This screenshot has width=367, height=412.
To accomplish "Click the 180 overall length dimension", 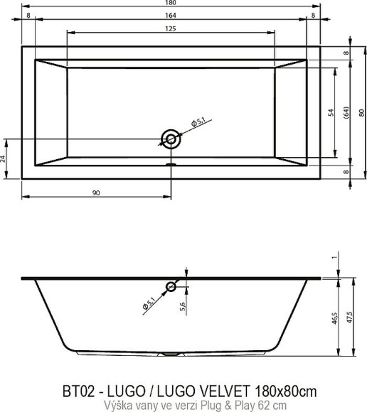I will click(171, 4).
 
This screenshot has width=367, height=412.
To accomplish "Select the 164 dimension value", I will click(171, 16).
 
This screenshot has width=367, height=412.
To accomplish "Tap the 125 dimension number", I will click(171, 28).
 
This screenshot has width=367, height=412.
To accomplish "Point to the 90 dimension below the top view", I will click(95, 191).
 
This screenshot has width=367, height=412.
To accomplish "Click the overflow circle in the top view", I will click(171, 138).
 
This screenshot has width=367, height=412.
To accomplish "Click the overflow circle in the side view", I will click(171, 286).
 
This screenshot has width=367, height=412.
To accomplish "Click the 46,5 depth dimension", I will click(333, 318).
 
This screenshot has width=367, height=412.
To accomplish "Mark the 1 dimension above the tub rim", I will click(333, 259).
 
